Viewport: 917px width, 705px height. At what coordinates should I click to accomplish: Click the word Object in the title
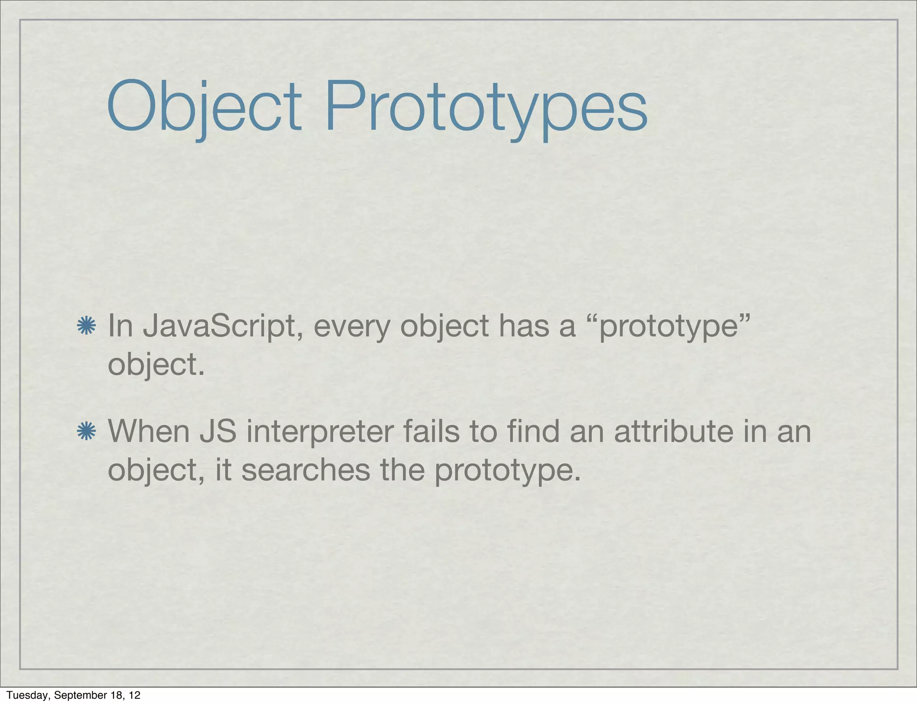[x=204, y=107]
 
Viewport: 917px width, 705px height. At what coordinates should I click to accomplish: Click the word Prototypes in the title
[x=486, y=107]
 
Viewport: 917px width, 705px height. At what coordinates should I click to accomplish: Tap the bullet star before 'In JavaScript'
[x=86, y=326]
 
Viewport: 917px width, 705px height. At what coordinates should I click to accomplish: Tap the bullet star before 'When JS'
[x=86, y=431]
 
